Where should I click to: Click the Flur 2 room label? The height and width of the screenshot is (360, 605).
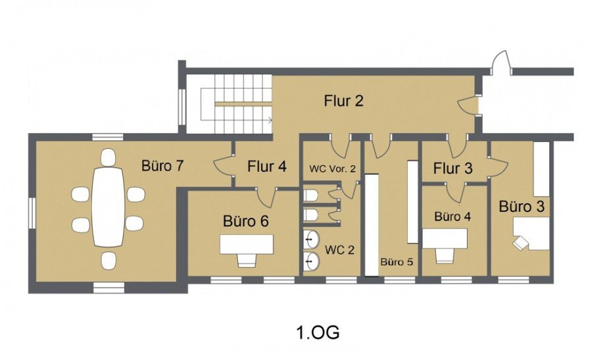click(343, 101)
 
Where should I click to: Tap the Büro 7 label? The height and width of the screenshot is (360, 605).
click(162, 166)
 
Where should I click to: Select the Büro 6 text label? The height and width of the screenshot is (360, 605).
click(246, 221)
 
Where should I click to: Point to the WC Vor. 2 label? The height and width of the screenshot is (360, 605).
click(332, 168)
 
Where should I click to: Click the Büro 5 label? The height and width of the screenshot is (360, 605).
click(397, 262)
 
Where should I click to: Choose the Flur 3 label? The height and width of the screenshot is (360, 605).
click(452, 168)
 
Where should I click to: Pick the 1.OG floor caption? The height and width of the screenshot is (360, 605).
click(318, 332)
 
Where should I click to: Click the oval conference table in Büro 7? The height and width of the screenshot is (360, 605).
click(109, 207)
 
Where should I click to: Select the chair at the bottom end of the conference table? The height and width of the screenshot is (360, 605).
click(109, 261)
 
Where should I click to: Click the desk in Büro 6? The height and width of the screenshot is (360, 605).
click(247, 244)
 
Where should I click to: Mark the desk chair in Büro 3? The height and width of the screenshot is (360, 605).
click(521, 243)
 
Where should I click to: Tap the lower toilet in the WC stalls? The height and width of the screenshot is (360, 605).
click(310, 215)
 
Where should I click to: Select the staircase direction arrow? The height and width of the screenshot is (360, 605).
click(270, 120)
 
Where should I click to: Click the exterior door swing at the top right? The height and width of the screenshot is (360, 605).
click(501, 62)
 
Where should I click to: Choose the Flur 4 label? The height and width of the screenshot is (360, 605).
click(267, 167)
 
